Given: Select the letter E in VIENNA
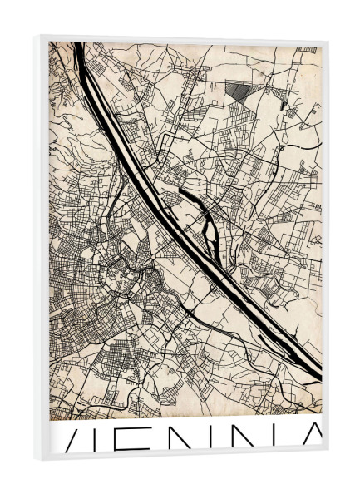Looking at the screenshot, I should [x=156, y=439].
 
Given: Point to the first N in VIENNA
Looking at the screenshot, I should [x=208, y=439].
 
